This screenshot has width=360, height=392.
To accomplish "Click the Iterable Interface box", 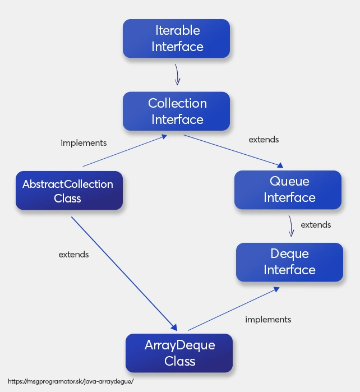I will [176, 38].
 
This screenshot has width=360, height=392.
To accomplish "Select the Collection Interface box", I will [176, 111].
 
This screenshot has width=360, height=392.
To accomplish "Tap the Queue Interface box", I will [288, 190].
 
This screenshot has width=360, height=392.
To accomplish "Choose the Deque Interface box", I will [289, 262].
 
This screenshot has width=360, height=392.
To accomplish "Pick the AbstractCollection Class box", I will [68, 191].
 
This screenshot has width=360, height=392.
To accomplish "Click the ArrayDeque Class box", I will [179, 353].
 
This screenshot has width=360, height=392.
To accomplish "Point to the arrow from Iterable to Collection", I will [177, 74].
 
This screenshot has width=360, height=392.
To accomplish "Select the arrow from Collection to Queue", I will [233, 150].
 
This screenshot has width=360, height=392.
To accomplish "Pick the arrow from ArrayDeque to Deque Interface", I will [233, 309].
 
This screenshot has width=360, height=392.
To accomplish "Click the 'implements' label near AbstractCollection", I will [84, 143].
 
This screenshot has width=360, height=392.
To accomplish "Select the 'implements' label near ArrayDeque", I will [268, 320].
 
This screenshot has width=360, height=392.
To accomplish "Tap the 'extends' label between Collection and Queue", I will [264, 139].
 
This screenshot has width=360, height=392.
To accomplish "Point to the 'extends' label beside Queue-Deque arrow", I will [316, 225].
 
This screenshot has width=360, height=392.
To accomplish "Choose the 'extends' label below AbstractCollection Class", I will [73, 255].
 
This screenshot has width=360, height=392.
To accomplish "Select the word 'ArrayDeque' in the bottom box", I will [179, 345].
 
